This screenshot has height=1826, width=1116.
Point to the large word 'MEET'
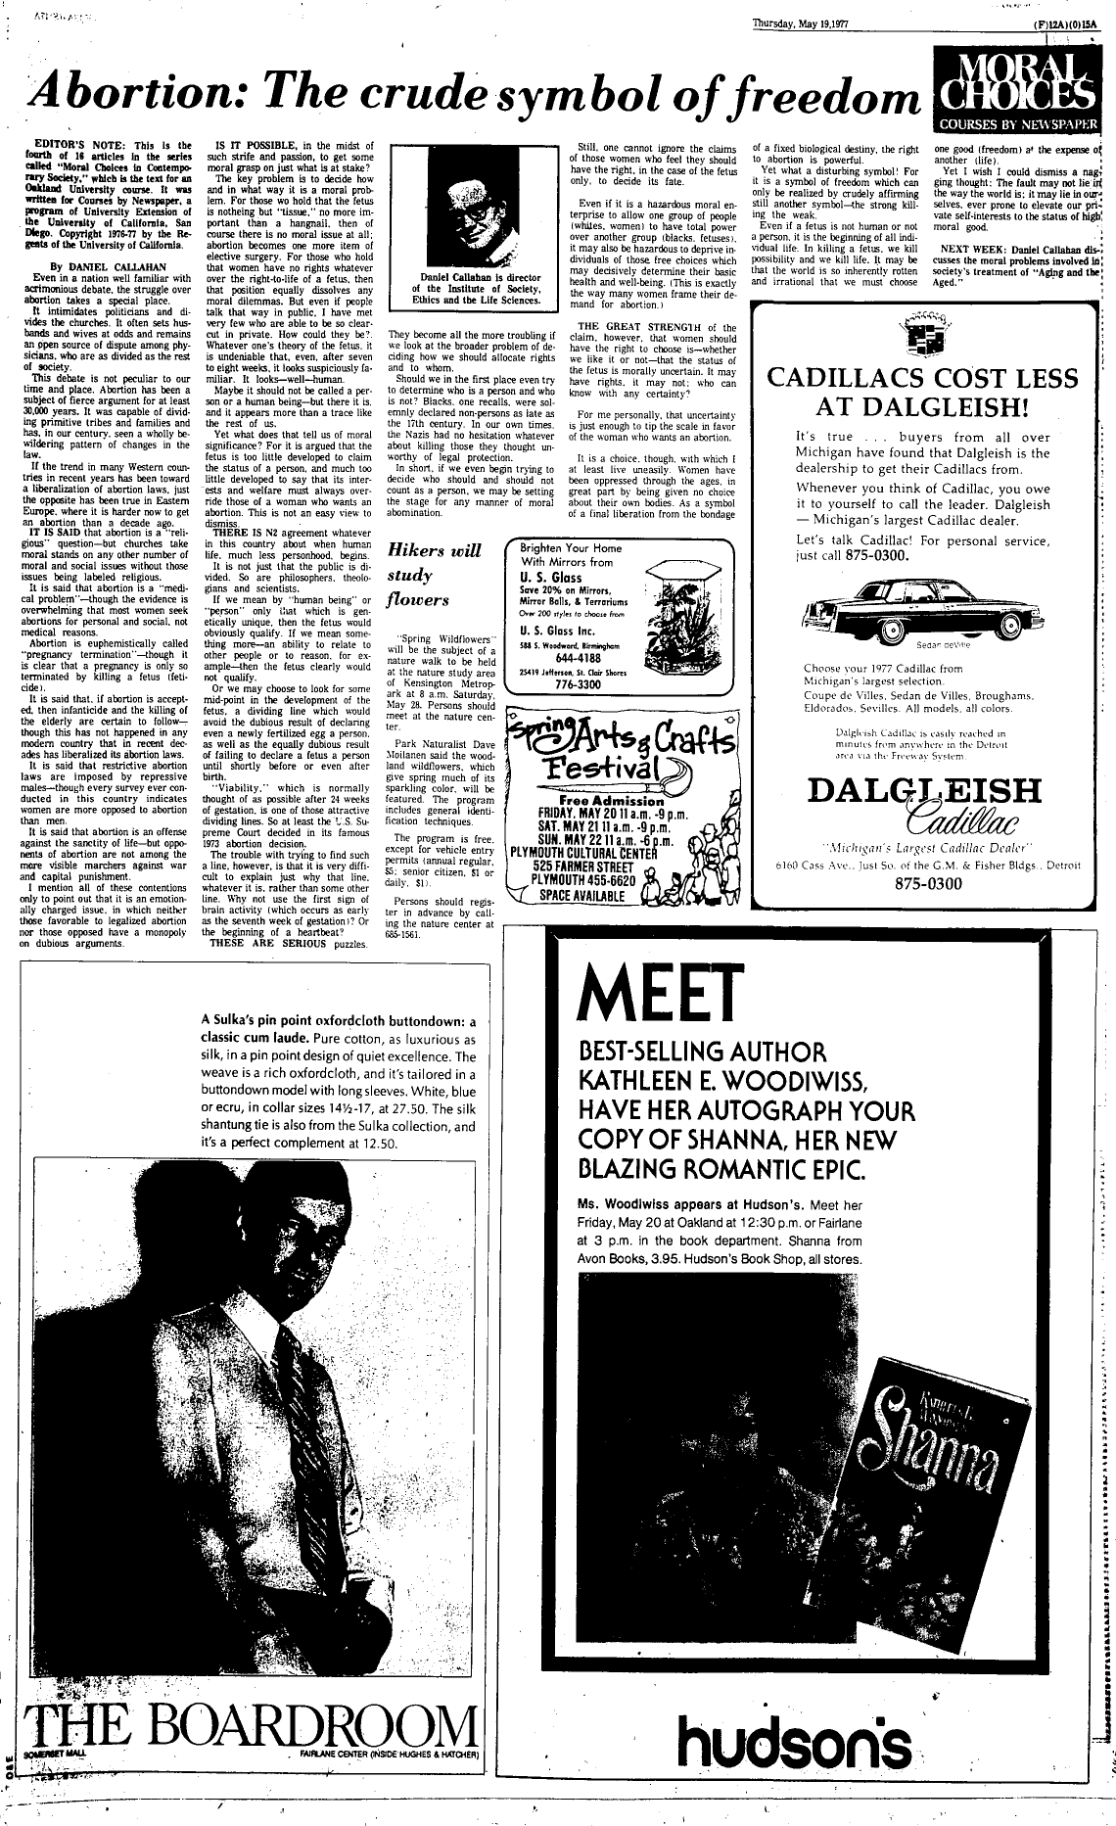coord(648,993)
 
